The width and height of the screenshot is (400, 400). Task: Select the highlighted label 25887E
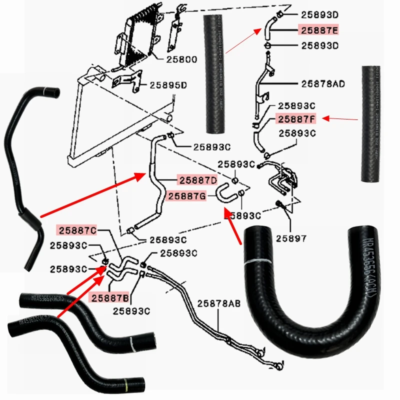[319, 30]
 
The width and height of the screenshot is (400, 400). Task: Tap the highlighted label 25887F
[297, 119]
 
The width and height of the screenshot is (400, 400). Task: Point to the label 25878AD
[323, 83]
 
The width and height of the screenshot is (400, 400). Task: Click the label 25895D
[167, 85]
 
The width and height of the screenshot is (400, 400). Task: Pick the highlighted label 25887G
[186, 196]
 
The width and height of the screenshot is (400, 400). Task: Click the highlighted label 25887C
[78, 230]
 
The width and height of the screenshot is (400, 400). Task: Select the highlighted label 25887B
[109, 298]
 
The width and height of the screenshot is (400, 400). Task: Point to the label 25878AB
[218, 303]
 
